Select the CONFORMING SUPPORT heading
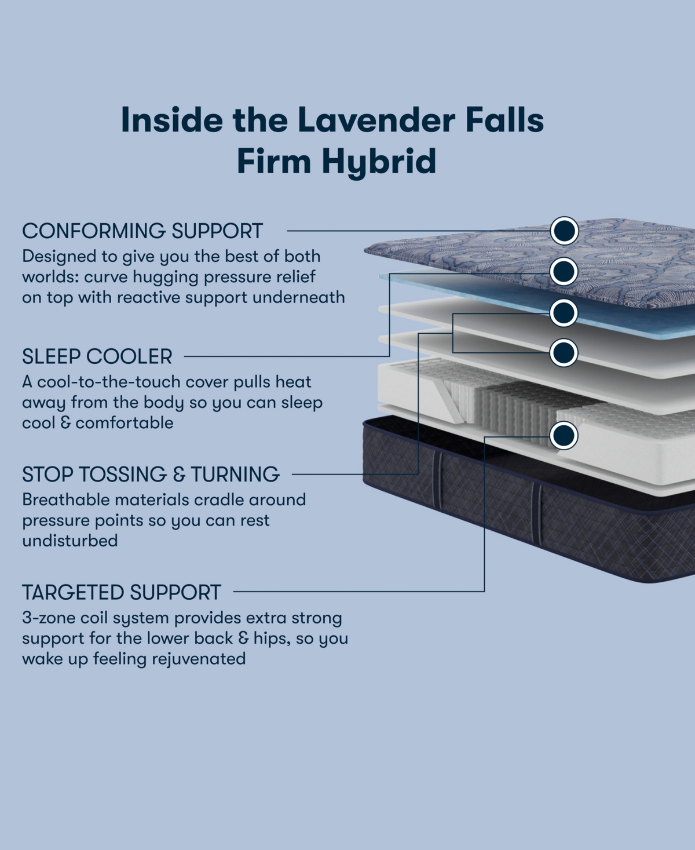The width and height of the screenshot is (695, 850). click(x=142, y=231)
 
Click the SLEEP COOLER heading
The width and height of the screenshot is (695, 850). click(x=97, y=356)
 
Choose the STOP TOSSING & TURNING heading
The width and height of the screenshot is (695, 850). click(x=151, y=474)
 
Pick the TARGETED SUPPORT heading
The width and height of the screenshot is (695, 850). click(x=122, y=592)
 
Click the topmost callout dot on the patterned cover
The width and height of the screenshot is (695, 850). click(x=564, y=231)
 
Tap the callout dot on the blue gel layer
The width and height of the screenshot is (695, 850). click(x=564, y=271)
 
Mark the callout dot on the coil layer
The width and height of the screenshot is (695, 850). click(x=564, y=435)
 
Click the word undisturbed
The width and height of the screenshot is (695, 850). click(x=70, y=541)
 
